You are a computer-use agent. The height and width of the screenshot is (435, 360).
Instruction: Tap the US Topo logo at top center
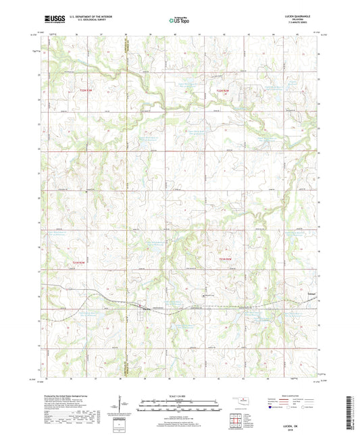coord(179,21)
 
